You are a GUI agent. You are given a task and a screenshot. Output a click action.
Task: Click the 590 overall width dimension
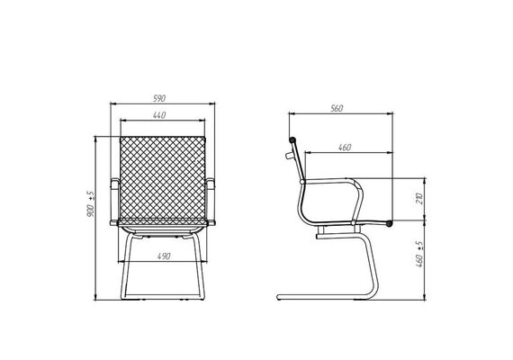click(159, 98)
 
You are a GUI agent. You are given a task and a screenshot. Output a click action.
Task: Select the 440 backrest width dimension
click(159, 115)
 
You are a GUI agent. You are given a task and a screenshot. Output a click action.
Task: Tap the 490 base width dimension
click(164, 256)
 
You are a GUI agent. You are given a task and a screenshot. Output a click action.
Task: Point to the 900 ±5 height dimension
click(91, 204)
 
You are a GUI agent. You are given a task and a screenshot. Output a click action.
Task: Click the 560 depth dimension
click(337, 108)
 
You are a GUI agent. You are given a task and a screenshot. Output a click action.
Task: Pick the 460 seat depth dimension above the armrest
click(345, 148)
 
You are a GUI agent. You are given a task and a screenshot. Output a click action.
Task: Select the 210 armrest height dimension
click(419, 199)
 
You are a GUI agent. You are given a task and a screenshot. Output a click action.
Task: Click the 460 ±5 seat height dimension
click(419, 255)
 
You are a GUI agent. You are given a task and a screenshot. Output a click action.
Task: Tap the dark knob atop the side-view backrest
click(292, 140)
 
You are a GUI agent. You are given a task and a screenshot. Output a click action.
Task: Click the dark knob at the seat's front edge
click(389, 224)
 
